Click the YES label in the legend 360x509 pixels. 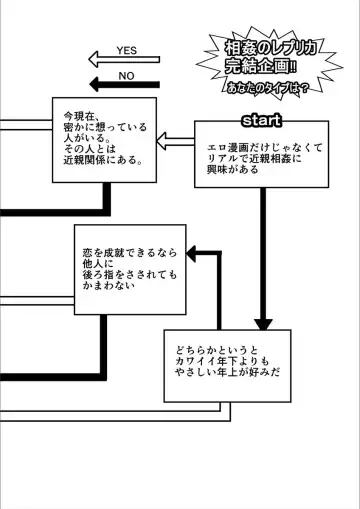[127, 50]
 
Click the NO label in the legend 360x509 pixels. [127, 75]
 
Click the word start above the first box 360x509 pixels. [261, 120]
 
